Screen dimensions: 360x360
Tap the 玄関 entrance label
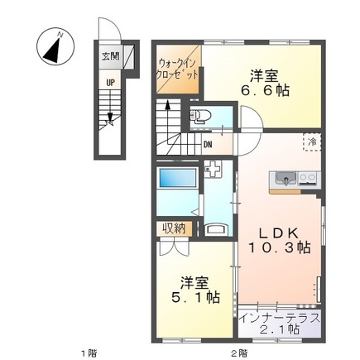(x=109, y=57)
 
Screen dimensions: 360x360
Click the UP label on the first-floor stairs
(x=109, y=82)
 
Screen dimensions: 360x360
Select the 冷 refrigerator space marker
(x=311, y=142)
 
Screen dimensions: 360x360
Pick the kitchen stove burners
(x=307, y=176)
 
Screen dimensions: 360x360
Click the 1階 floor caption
(x=88, y=353)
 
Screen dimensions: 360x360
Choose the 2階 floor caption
(x=238, y=353)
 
